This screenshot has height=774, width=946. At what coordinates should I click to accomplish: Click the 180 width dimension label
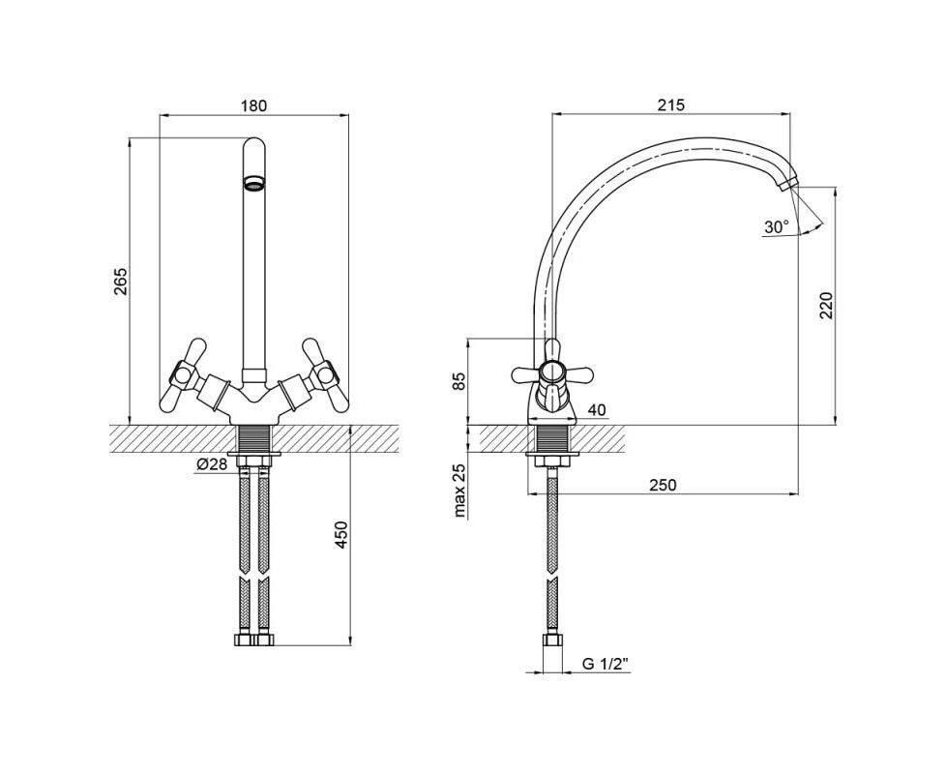[253, 105]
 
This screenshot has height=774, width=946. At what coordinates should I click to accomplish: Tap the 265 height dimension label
[121, 282]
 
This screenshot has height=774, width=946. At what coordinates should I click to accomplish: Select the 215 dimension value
[671, 104]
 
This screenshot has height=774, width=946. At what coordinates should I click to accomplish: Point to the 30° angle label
[777, 226]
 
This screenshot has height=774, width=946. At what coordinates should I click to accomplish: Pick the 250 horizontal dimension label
[663, 485]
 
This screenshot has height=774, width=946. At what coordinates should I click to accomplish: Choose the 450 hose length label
[341, 534]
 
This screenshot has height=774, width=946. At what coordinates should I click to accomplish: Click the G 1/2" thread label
[606, 664]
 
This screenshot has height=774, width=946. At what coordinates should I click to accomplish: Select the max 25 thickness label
[460, 491]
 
